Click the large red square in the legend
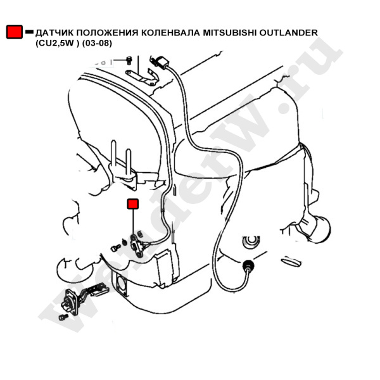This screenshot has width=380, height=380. [15, 32]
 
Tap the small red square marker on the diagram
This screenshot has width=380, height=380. [133, 204]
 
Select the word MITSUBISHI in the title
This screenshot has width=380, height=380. [230, 32]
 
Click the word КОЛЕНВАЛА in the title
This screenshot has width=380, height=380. [170, 33]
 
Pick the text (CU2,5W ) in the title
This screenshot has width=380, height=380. [58, 43]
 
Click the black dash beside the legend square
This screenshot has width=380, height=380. [29, 32]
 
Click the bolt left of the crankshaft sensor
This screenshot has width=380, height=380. [116, 248]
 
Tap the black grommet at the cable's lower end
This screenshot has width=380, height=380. [248, 265]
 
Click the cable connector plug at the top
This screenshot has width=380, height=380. [161, 62]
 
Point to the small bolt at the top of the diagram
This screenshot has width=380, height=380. [129, 60]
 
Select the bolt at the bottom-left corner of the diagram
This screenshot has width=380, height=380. [63, 317]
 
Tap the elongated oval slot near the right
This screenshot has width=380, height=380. [291, 262]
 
